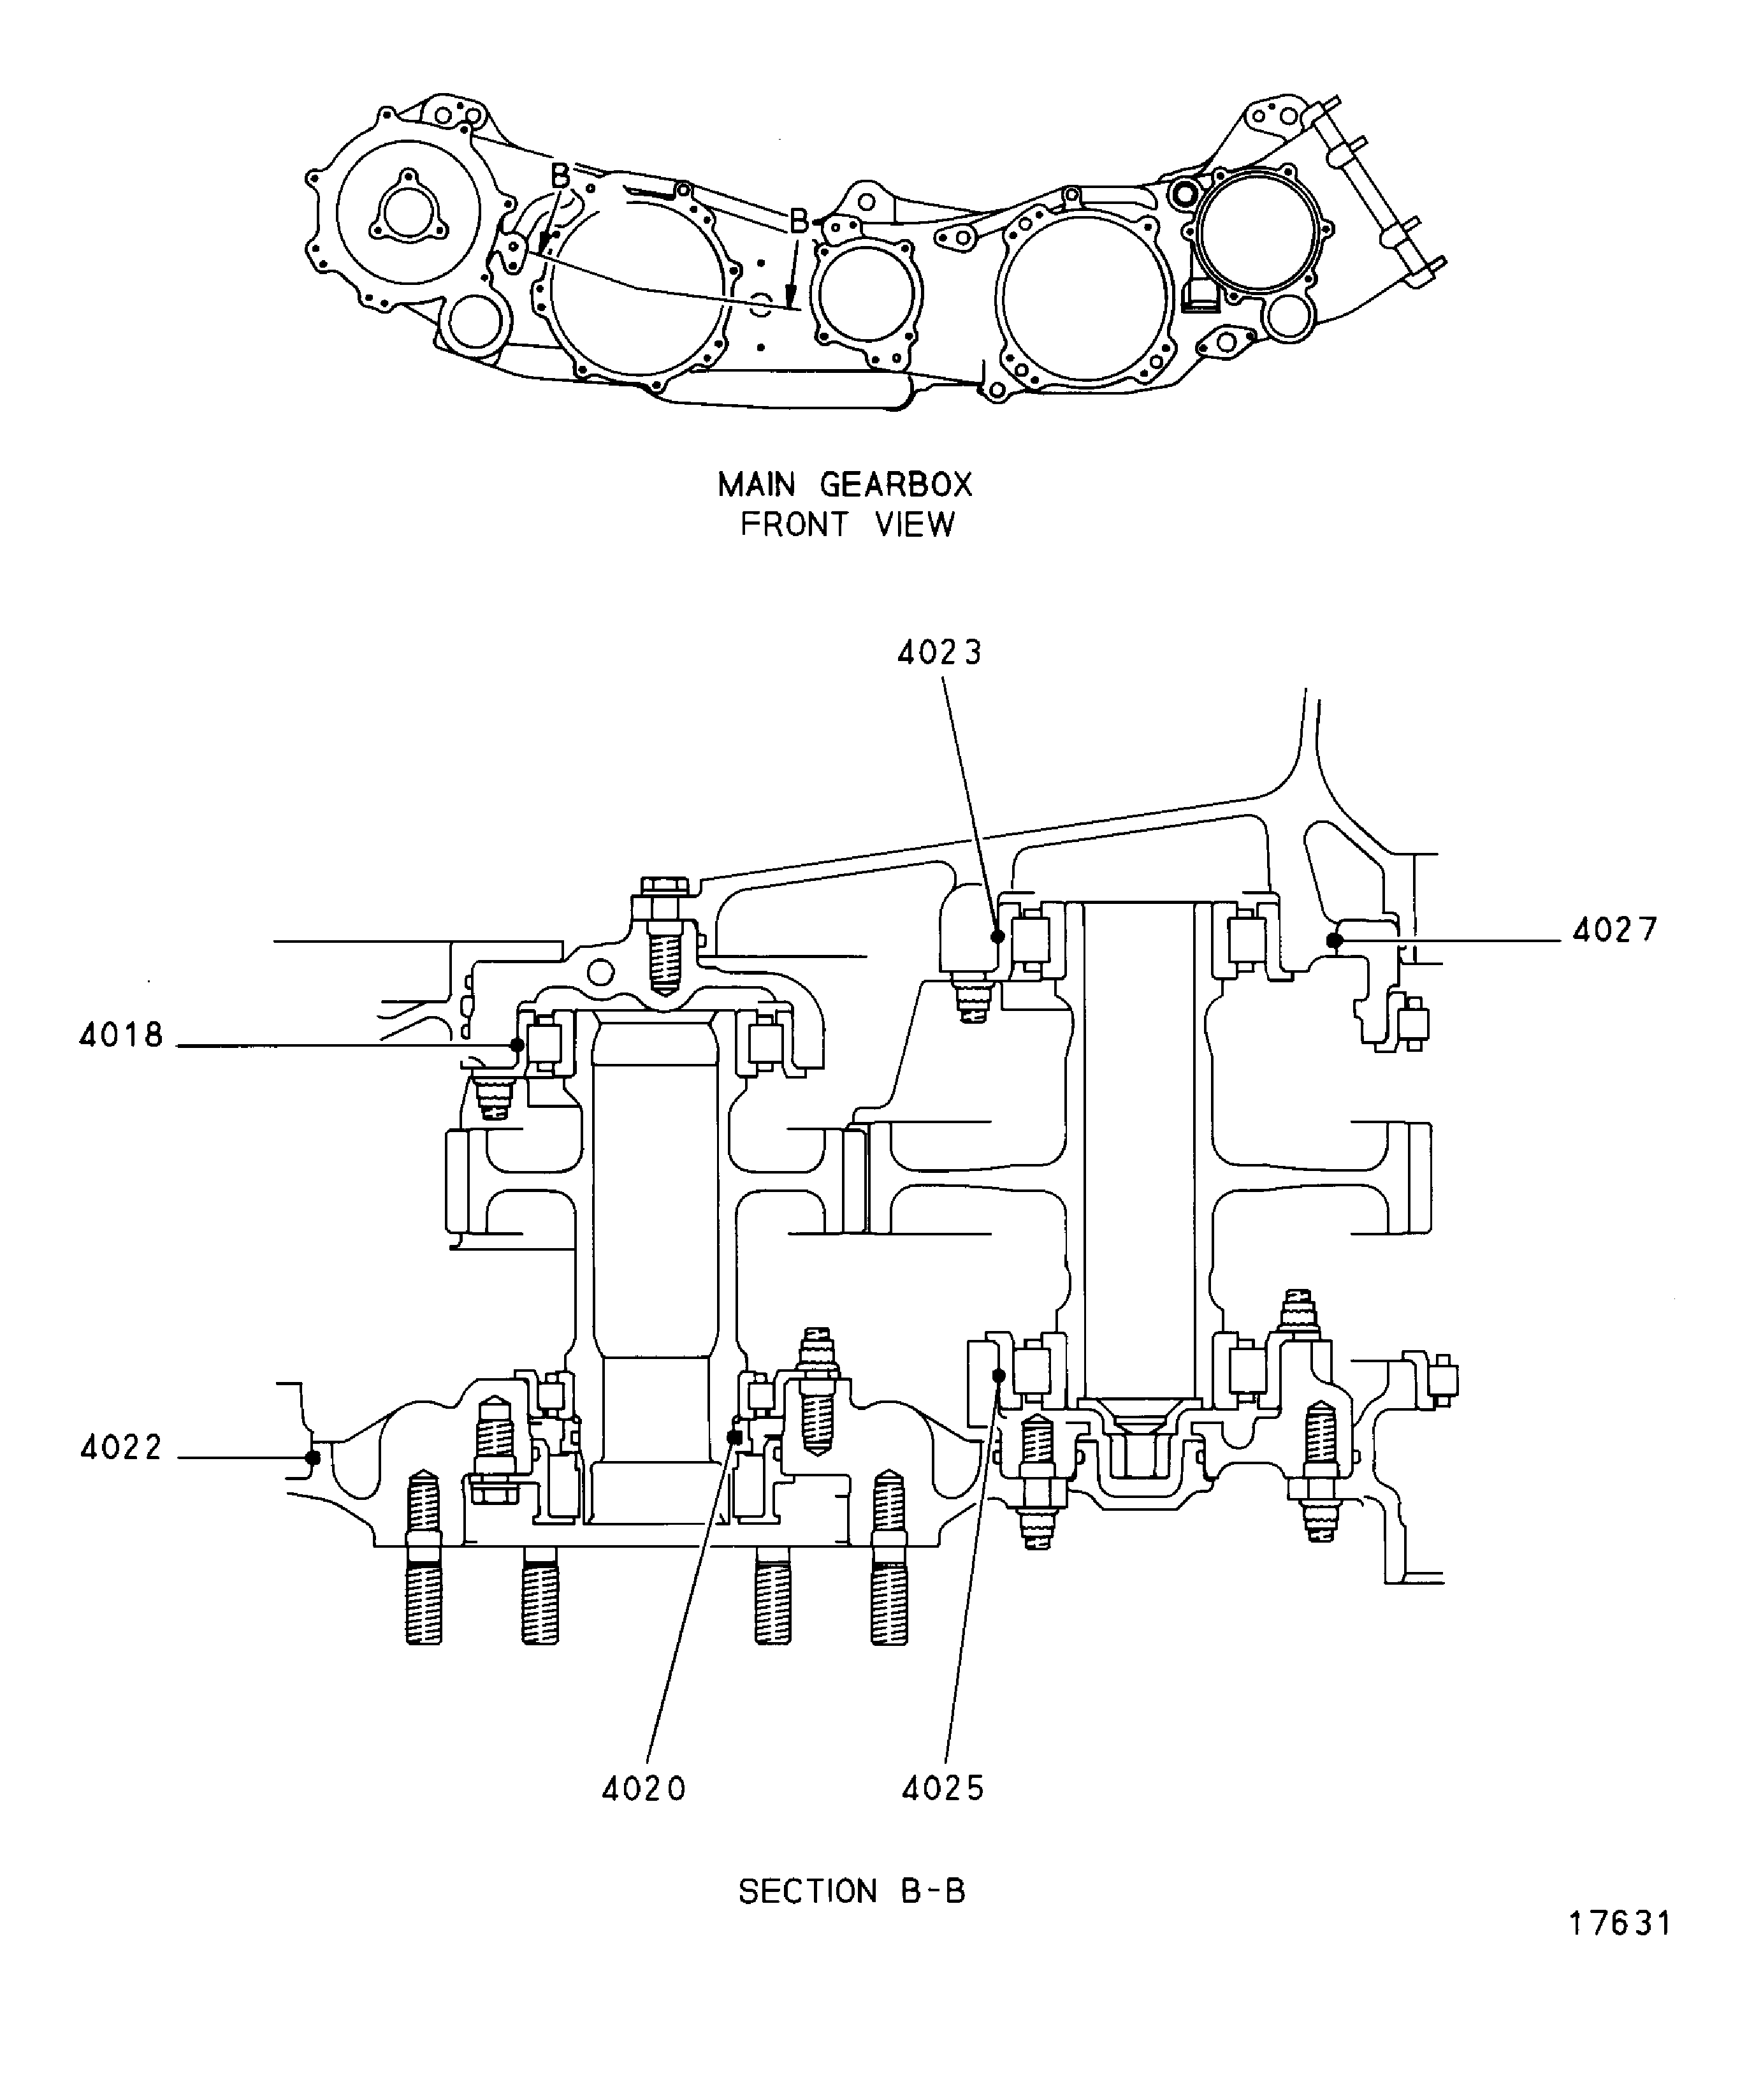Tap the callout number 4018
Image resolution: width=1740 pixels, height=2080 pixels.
tap(121, 1036)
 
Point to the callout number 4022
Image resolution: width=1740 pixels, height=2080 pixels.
tap(121, 1449)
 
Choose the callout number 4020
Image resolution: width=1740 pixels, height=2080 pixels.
tap(644, 1789)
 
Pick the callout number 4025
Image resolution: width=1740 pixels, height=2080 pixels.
tap(943, 1789)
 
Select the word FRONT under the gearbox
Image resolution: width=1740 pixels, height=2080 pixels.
tap(794, 524)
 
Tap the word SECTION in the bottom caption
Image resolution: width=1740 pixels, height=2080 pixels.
tap(808, 1892)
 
